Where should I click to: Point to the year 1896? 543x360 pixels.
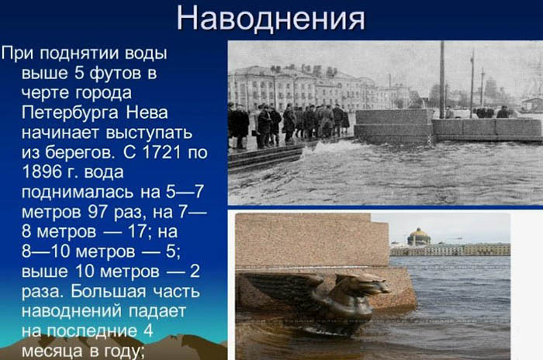[43, 169]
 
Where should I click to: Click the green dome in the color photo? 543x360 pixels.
[419, 236]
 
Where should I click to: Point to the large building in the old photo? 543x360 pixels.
[295, 87]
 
